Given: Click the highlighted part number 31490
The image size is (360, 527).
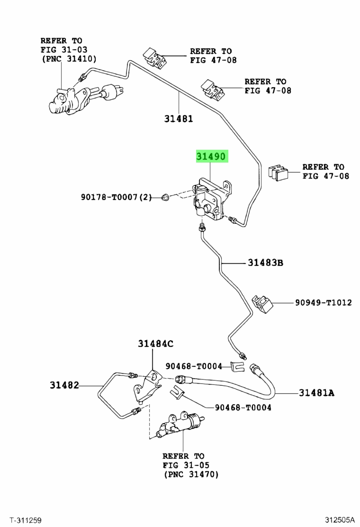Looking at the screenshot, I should tap(212, 157).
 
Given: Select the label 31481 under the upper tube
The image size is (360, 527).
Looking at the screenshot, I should tap(179, 119).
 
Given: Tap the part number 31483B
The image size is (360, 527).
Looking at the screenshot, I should tap(265, 262).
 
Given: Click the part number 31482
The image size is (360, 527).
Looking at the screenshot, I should tap(64, 386).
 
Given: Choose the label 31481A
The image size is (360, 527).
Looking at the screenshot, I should tap(317, 392).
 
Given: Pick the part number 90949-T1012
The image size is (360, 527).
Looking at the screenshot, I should tap(324, 302).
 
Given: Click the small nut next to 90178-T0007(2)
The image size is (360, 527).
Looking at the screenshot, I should tap(166, 197).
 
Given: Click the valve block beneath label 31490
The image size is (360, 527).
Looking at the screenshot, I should tap(209, 202).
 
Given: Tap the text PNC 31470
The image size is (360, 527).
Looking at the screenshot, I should tap(191, 474).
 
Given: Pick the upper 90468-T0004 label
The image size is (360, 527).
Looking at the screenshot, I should tap(194, 366).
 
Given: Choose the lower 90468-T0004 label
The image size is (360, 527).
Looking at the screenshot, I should tap(243, 407).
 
